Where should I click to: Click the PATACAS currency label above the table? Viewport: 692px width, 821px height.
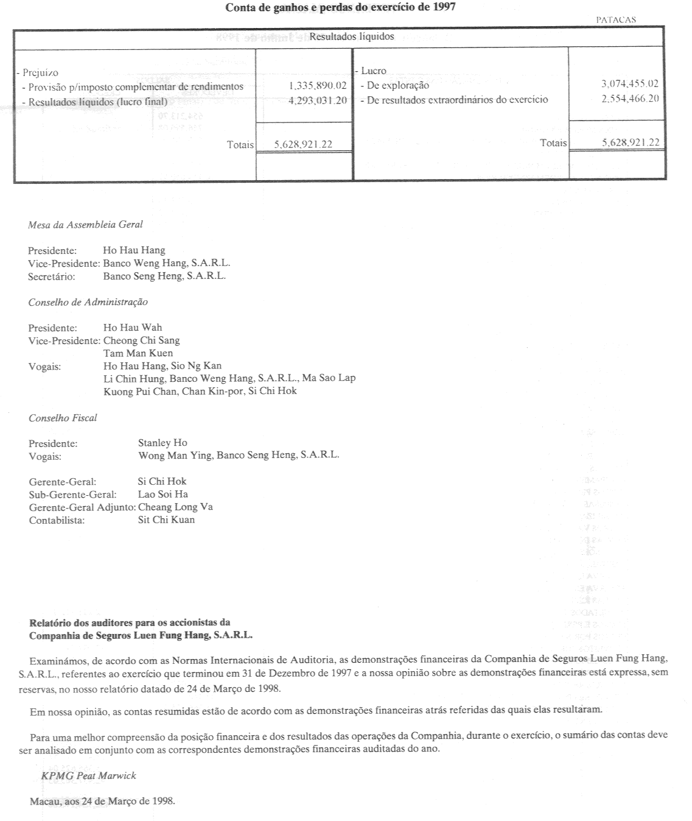click(616, 19)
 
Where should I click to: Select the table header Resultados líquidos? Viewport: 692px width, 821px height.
click(352, 37)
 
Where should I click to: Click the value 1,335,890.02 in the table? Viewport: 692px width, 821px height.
click(318, 86)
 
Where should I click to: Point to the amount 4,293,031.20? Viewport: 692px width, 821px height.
click(318, 100)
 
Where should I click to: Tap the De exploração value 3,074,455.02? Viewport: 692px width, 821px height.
click(630, 85)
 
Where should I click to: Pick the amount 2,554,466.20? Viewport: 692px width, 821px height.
click(630, 99)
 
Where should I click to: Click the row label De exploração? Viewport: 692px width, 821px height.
click(398, 86)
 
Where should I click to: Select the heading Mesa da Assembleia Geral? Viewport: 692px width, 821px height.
click(85, 224)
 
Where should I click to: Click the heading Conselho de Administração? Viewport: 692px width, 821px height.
click(88, 302)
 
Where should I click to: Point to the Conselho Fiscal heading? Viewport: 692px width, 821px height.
click(63, 418)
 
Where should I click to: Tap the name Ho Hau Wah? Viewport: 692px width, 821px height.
click(133, 328)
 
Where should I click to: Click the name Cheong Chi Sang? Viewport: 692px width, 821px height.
click(141, 340)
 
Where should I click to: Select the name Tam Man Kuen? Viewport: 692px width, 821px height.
click(138, 353)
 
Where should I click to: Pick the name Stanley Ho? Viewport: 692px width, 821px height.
click(163, 443)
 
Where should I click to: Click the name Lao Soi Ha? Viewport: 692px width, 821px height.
click(163, 494)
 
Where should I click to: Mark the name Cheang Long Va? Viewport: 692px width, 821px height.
click(175, 507)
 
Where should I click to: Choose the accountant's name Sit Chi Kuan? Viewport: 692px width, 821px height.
click(166, 520)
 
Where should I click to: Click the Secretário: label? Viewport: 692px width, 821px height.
click(51, 276)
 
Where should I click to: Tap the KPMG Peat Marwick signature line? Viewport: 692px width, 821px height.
click(89, 775)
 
